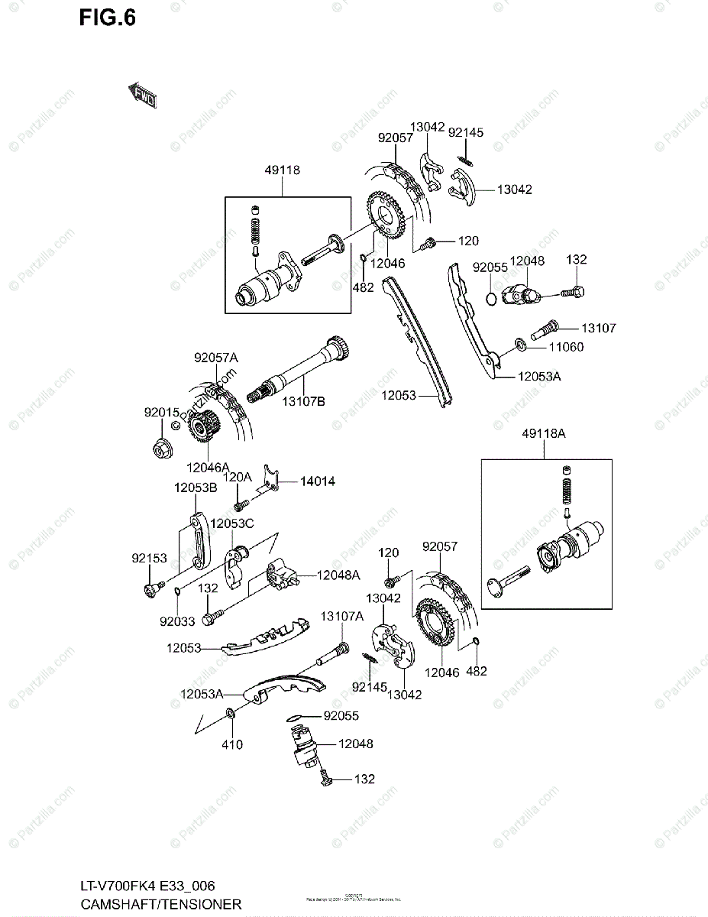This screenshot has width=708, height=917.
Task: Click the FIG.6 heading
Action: [107, 18]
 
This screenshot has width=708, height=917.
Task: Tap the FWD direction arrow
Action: [141, 96]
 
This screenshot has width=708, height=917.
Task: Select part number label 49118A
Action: [544, 433]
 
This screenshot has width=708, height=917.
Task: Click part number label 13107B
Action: [304, 400]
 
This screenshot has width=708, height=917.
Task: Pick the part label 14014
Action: [317, 481]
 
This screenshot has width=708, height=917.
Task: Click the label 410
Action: [232, 745]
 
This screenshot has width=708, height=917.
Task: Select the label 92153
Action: [148, 559]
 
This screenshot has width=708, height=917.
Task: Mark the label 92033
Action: [177, 621]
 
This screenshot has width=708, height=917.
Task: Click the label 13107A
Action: [341, 616]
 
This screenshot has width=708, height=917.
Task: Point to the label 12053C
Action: [232, 523]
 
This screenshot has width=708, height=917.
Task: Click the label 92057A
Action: [216, 357]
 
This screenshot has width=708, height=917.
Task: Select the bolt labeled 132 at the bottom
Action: [326, 779]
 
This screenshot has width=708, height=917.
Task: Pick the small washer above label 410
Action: [230, 714]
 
